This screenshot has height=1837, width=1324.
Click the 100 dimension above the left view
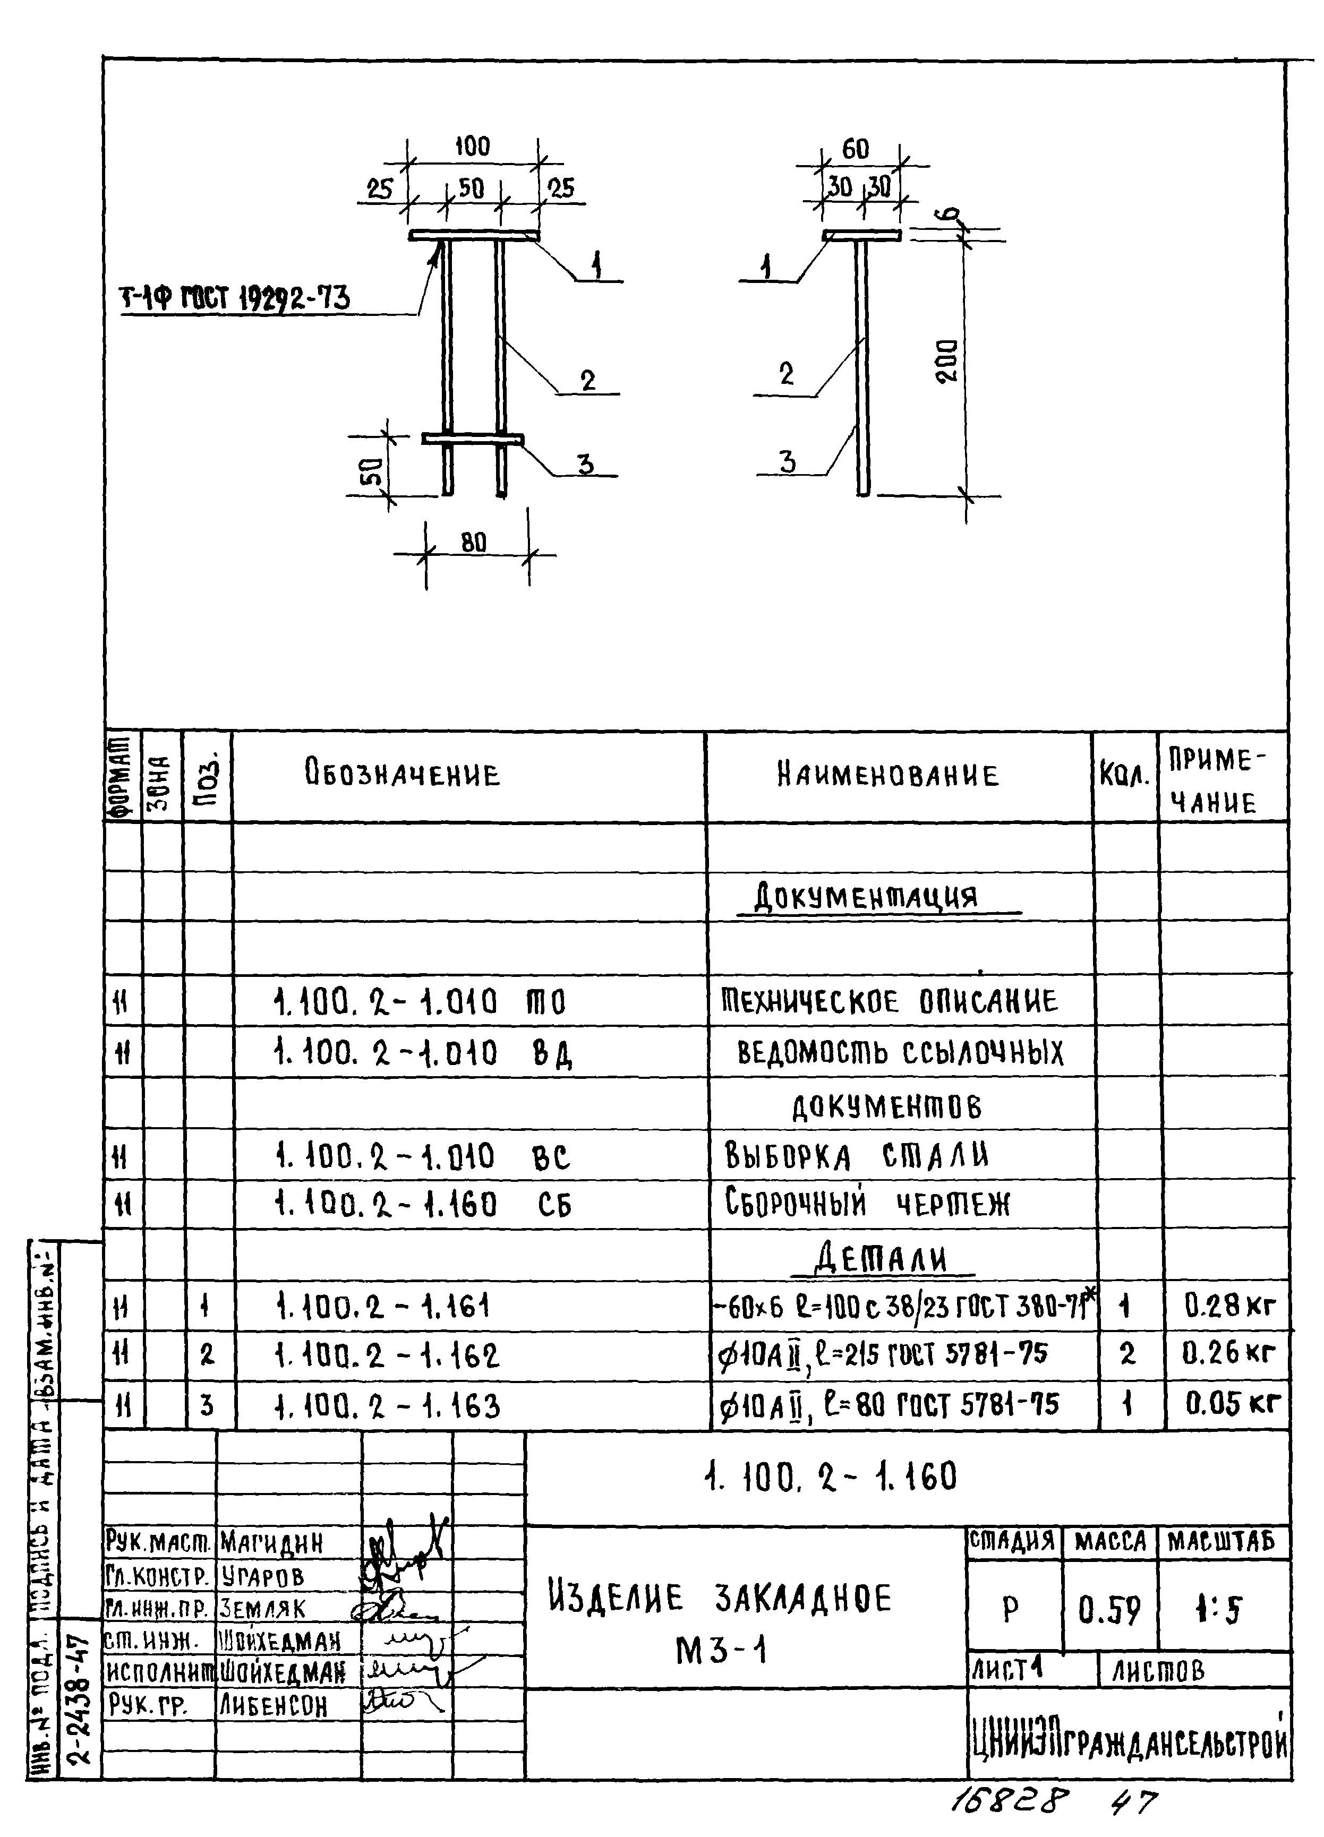click(472, 147)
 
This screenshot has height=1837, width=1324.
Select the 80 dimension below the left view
click(474, 543)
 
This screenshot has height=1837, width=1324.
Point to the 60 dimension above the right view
click(856, 149)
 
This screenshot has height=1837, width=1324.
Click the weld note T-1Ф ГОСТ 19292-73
click(235, 299)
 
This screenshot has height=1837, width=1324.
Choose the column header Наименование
click(888, 775)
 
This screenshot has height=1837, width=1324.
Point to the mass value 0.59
click(1109, 1610)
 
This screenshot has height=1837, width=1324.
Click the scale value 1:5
click(1219, 1610)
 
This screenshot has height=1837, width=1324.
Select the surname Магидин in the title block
click(271, 1543)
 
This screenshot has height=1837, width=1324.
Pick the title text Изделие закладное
click(720, 1599)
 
